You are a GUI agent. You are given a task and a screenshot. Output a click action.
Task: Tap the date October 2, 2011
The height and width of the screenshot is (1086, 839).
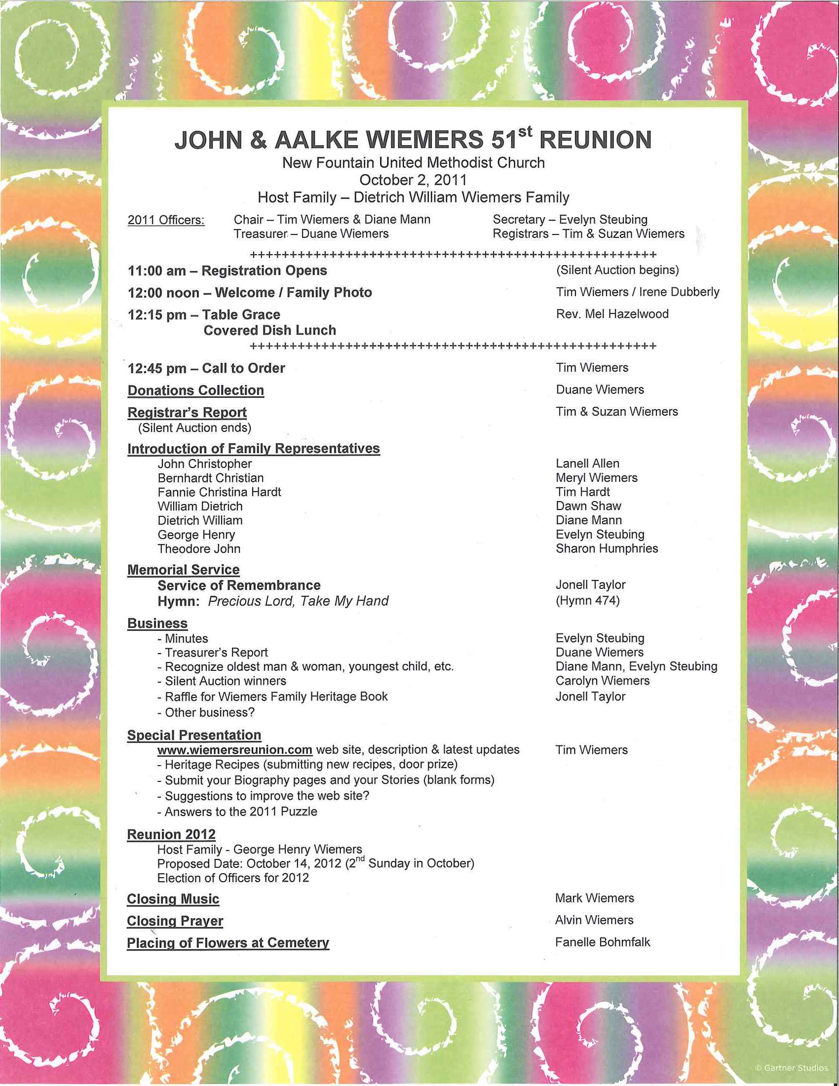(x=413, y=180)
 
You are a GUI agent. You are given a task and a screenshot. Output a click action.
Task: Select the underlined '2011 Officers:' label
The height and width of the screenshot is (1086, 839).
(x=166, y=220)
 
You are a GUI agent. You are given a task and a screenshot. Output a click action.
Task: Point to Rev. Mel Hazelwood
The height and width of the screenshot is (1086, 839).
(x=612, y=314)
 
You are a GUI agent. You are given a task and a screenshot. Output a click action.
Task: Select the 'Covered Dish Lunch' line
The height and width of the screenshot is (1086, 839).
(x=270, y=330)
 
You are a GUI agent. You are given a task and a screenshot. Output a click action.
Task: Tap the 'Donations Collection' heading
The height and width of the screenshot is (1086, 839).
(x=196, y=390)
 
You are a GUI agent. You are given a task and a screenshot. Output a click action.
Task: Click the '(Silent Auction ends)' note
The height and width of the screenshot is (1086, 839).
(x=194, y=427)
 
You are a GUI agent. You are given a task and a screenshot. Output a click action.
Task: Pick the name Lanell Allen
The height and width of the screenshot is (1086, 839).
(x=587, y=464)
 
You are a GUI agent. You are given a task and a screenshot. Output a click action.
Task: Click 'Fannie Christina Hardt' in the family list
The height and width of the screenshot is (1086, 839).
(x=219, y=492)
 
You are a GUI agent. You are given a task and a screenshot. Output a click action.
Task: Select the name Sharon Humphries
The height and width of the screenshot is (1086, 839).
(x=607, y=548)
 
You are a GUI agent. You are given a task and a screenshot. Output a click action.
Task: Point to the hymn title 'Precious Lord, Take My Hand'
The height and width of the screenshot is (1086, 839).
(x=298, y=601)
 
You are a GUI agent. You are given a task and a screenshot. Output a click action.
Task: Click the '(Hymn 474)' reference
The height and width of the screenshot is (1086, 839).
(x=587, y=601)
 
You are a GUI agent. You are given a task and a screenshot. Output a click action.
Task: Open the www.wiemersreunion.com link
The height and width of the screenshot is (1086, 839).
(x=234, y=750)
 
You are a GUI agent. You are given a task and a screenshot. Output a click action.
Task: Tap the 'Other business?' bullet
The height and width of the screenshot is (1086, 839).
(x=209, y=712)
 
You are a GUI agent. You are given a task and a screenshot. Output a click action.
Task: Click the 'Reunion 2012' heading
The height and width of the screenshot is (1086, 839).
(x=171, y=834)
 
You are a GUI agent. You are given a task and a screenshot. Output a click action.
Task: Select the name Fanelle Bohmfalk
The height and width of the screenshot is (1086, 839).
(x=603, y=942)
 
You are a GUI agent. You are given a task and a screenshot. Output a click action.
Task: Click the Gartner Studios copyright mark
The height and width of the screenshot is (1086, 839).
(x=791, y=1068)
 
